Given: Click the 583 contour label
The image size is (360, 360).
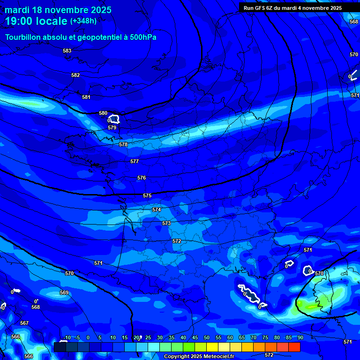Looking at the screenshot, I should pyautogui.click(x=67, y=51).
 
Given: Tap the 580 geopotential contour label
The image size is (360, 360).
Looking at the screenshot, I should pyautogui.click(x=103, y=113).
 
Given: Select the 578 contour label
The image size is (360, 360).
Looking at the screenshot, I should pyautogui.click(x=123, y=144).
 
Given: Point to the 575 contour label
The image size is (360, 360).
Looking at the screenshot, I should pyautogui.click(x=147, y=195).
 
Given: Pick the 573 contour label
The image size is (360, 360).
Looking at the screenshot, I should pyautogui.click(x=166, y=224).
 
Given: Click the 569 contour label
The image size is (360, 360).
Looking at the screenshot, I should pyautogui.click(x=64, y=292).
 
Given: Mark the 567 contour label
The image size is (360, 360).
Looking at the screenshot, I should pyautogui.click(x=24, y=323).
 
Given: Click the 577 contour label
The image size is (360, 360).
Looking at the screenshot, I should pyautogui.click(x=135, y=161).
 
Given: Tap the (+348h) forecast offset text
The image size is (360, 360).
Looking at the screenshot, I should pyautogui.click(x=83, y=21).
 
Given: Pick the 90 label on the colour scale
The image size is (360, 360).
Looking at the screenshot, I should pyautogui.click(x=300, y=337).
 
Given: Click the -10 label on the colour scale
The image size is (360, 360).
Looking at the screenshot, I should pyautogui.click(x=67, y=337).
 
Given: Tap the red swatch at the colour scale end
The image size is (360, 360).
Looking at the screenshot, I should pyautogui.click(x=294, y=347).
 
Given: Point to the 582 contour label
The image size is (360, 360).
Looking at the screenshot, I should pyautogui.click(x=75, y=75).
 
